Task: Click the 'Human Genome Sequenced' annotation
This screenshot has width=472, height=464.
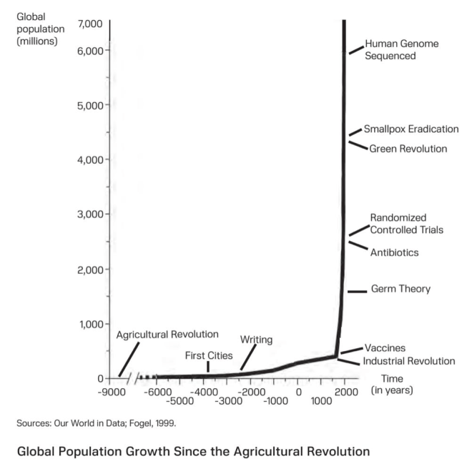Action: click(x=401, y=49)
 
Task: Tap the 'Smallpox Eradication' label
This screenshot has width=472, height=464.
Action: click(x=411, y=129)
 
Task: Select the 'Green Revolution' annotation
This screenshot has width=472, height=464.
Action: click(x=408, y=149)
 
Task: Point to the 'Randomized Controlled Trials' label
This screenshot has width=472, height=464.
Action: click(x=406, y=224)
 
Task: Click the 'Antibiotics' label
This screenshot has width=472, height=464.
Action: click(x=394, y=252)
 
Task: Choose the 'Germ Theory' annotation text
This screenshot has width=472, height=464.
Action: click(x=400, y=290)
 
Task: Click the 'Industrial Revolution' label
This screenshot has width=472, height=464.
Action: click(x=409, y=361)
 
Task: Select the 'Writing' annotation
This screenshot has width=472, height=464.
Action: click(x=256, y=340)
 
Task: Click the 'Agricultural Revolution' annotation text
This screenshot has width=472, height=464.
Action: click(x=167, y=335)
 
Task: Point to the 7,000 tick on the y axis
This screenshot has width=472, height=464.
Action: click(x=91, y=24)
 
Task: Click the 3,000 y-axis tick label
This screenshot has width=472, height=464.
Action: click(x=91, y=214)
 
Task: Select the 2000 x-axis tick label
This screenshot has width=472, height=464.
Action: click(x=345, y=392)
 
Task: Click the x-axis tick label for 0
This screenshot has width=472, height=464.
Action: click(x=298, y=392)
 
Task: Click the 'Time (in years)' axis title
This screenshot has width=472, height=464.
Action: click(x=392, y=385)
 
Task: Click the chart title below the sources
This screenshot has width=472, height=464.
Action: click(x=193, y=452)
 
